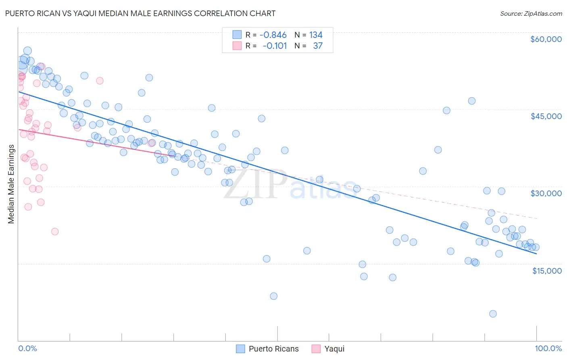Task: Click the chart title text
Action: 140,13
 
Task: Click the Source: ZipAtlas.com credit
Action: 531,14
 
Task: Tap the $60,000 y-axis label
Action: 546,39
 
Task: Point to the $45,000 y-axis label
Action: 546,116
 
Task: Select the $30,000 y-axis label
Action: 546,193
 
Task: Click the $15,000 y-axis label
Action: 546,271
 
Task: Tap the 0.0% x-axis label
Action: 27,348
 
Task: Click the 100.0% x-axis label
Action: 548,348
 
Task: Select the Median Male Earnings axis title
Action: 11,184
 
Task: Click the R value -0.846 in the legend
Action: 273,35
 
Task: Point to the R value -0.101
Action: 274,46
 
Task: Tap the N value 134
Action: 316,35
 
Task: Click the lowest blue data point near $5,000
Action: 492,314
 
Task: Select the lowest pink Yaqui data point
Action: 55,231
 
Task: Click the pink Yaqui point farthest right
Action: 152,143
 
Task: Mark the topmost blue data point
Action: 27,51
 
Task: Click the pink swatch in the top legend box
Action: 237,46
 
